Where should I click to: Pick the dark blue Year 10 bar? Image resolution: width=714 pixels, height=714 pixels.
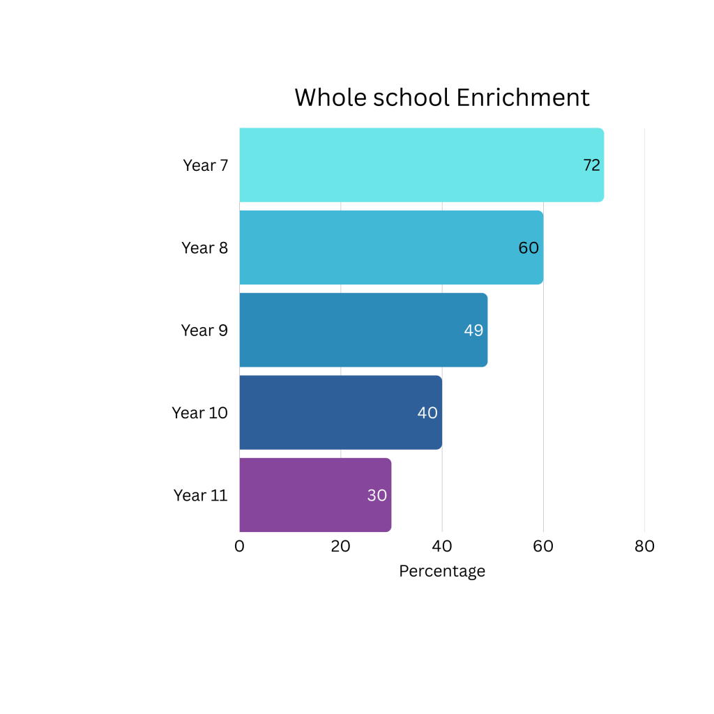(x=328, y=413)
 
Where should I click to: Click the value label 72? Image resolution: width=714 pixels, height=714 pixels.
(x=592, y=165)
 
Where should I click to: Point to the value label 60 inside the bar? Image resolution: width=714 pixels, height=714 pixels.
(x=529, y=248)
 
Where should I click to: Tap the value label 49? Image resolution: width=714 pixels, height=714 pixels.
(x=473, y=331)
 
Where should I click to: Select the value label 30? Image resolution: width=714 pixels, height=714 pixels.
(x=377, y=495)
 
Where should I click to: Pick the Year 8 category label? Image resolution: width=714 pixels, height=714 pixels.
(x=204, y=248)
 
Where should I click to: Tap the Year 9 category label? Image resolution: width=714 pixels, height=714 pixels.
(x=204, y=330)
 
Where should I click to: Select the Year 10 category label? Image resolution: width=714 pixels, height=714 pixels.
(x=199, y=413)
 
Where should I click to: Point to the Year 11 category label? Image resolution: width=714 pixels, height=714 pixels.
(x=200, y=495)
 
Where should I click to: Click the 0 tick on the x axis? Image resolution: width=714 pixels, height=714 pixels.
(x=240, y=547)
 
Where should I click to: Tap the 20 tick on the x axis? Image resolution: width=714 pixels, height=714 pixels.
(x=340, y=547)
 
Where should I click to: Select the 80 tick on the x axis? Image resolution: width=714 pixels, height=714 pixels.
(x=644, y=547)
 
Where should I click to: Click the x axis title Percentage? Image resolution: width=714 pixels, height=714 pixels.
(x=442, y=571)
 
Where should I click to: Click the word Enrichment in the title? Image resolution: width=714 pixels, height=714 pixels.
(x=523, y=98)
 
